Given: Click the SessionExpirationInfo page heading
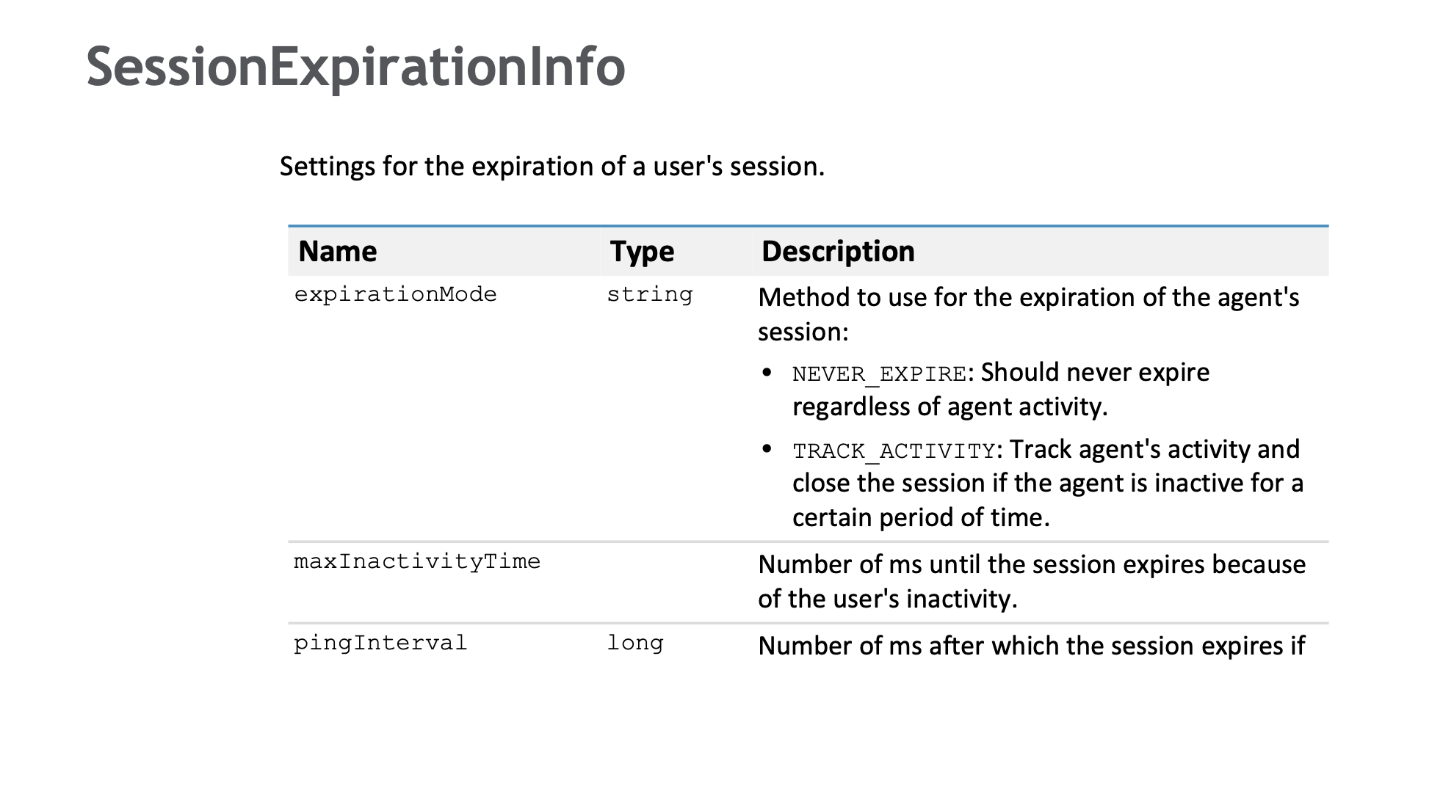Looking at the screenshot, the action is pos(356,68).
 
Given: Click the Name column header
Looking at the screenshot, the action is pos(338,252).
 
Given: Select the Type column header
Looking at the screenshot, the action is pos(642,252).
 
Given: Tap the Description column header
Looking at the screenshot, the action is pos(838,252).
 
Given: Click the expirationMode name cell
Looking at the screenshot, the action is pos(396,294).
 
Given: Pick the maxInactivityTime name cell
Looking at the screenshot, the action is pos(417,561).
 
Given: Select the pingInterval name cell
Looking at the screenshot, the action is pos(380,643).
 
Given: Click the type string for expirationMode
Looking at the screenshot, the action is pos(650,294).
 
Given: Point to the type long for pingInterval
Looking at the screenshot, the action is pos(635,643).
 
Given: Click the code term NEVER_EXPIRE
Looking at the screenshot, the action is pos(880,374).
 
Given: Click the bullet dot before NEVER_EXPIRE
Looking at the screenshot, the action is pos(767,372).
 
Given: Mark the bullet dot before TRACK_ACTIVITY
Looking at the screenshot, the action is pos(767,448).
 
